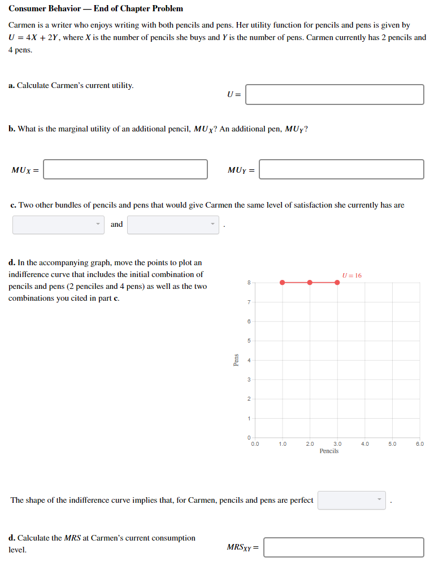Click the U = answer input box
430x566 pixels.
point(335,95)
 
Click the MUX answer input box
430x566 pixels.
point(125,169)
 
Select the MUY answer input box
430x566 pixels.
point(341,169)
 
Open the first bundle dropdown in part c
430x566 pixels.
point(59,225)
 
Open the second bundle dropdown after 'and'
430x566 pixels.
point(173,225)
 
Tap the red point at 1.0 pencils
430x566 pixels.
point(282,282)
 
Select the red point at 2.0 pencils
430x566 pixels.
point(310,282)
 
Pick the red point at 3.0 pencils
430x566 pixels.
point(337,282)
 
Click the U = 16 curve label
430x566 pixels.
point(352,275)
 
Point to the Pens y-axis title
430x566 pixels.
point(236,360)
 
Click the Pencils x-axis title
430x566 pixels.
point(329,451)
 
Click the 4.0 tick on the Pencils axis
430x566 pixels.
point(365,444)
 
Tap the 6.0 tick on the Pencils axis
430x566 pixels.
point(420,444)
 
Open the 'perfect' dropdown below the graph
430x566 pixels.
point(351,500)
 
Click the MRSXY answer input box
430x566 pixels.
point(344,547)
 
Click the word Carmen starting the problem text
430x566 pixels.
point(21,25)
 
